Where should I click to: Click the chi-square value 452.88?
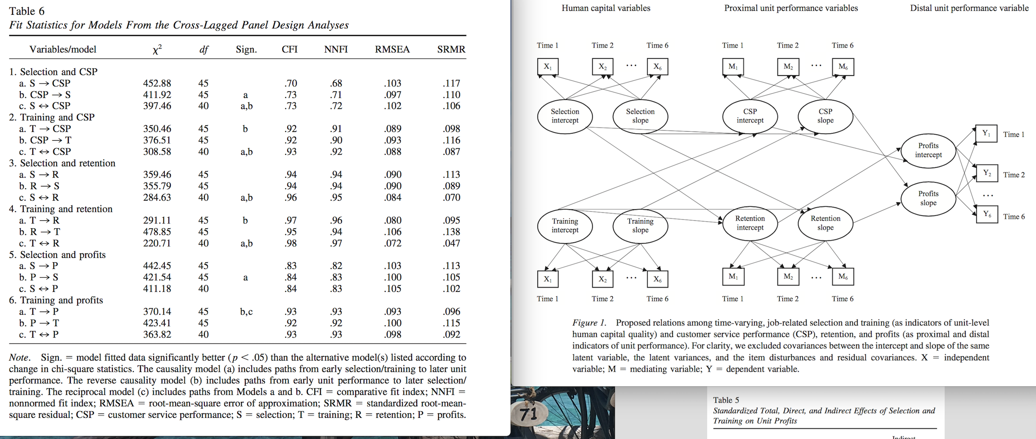(x=157, y=83)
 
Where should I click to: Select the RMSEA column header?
(x=392, y=50)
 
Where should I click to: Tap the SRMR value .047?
(x=451, y=243)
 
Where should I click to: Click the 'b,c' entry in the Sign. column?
(x=246, y=311)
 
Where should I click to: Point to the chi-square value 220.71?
(x=157, y=243)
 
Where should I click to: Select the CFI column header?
(x=290, y=50)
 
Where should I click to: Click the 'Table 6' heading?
(x=26, y=11)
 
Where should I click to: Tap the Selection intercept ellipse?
(x=565, y=116)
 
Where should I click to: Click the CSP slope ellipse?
(x=825, y=116)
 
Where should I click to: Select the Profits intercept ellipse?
(x=928, y=150)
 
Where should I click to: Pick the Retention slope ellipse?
(x=825, y=223)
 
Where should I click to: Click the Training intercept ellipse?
(x=565, y=225)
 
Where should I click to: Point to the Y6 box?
(x=987, y=214)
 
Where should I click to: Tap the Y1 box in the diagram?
(x=986, y=134)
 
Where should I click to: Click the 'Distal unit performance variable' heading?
(x=969, y=8)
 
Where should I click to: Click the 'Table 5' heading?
(x=726, y=400)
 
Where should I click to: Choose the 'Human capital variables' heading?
(x=606, y=8)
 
